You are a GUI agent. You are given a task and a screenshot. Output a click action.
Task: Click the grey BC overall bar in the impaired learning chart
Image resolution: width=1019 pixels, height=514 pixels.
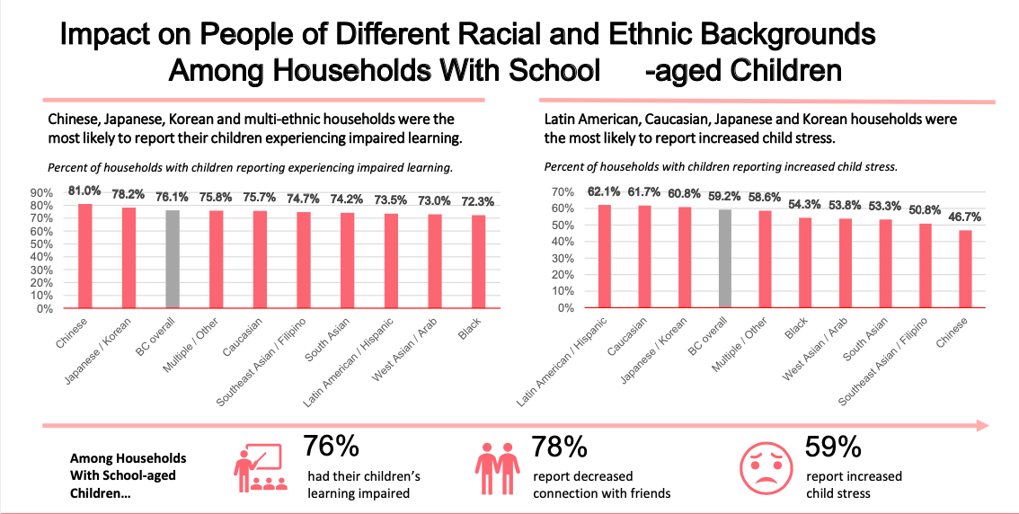[x=173, y=260]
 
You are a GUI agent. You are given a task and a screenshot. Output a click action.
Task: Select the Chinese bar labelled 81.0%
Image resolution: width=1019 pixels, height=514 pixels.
[x=85, y=256]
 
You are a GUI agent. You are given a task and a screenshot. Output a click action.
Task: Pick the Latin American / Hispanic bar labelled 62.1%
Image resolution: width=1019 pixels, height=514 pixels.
[x=605, y=256]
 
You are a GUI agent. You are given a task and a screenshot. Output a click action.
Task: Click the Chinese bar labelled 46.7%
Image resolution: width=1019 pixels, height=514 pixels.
[x=965, y=269]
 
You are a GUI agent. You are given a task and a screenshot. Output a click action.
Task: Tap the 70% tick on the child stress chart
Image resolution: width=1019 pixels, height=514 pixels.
[x=562, y=192]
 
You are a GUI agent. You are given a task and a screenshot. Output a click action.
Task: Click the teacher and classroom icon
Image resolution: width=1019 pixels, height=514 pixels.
[x=261, y=466]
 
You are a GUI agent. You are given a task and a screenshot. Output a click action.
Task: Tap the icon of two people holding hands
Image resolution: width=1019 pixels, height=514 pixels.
[x=497, y=466]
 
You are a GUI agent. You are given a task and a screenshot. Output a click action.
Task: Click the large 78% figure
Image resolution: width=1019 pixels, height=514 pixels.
[x=560, y=447]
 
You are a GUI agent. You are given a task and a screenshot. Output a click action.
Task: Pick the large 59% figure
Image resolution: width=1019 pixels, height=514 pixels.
[x=834, y=447]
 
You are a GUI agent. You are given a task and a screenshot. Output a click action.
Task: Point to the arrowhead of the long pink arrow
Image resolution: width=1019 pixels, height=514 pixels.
[x=982, y=425]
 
